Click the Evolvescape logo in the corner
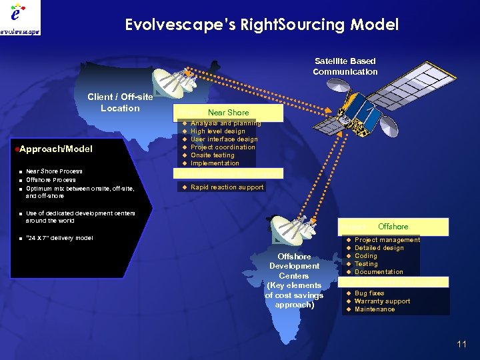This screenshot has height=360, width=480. point(20,18)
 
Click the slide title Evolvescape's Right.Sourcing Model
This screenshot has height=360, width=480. point(261,25)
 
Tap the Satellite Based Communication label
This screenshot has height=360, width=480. point(345,67)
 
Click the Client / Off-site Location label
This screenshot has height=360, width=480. point(120,103)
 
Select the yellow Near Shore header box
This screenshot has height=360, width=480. point(228,113)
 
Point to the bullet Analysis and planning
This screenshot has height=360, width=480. point(225,123)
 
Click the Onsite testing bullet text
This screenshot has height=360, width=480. point(212,155)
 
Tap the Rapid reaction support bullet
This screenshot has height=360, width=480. point(227,187)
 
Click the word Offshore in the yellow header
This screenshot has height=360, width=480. point(393,227)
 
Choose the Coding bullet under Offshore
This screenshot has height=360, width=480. point(365,256)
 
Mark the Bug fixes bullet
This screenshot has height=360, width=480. point(369,293)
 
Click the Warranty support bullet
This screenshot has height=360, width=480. point(382,301)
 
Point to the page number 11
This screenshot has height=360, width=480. point(461,344)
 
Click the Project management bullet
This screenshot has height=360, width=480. point(387,240)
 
